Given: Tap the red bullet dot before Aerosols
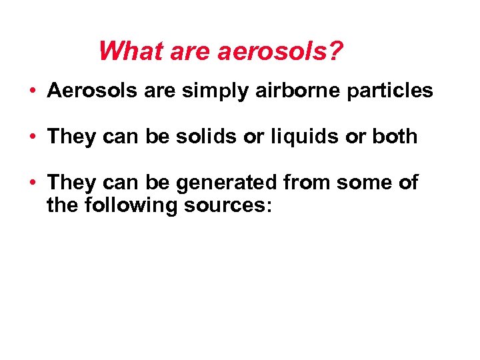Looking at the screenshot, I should pyautogui.click(x=33, y=91).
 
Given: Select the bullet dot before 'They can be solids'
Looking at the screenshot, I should pyautogui.click(x=33, y=137).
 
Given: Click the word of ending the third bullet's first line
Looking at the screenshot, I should pyautogui.click(x=407, y=183).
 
